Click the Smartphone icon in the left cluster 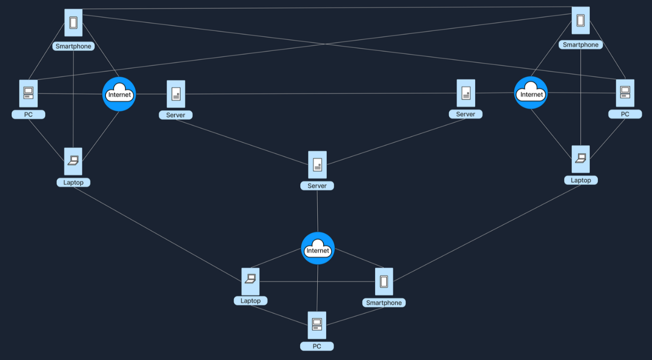pyautogui.click(x=73, y=22)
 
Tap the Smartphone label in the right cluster pyautogui.click(x=581, y=45)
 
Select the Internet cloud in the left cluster pyautogui.click(x=119, y=94)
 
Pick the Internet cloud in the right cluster pyautogui.click(x=531, y=93)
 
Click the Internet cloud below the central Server pyautogui.click(x=318, y=249)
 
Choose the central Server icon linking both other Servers pyautogui.click(x=317, y=164)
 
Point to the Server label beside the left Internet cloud pyautogui.click(x=175, y=115)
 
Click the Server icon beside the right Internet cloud pyautogui.click(x=466, y=93)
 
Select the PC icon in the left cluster pyautogui.click(x=28, y=93)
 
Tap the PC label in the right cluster pyautogui.click(x=625, y=114)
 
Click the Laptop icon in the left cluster pyautogui.click(x=73, y=161)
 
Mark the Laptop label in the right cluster pyautogui.click(x=581, y=180)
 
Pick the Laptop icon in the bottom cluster pyautogui.click(x=250, y=281)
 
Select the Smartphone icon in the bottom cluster pyautogui.click(x=384, y=281)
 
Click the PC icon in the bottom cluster pyautogui.click(x=317, y=325)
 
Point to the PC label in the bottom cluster pyautogui.click(x=317, y=346)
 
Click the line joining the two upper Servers pyautogui.click(x=320, y=93)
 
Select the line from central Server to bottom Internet pyautogui.click(x=317, y=210)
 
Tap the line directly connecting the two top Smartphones pyautogui.click(x=325, y=8)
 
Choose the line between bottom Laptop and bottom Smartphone pyautogui.click(x=317, y=281)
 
